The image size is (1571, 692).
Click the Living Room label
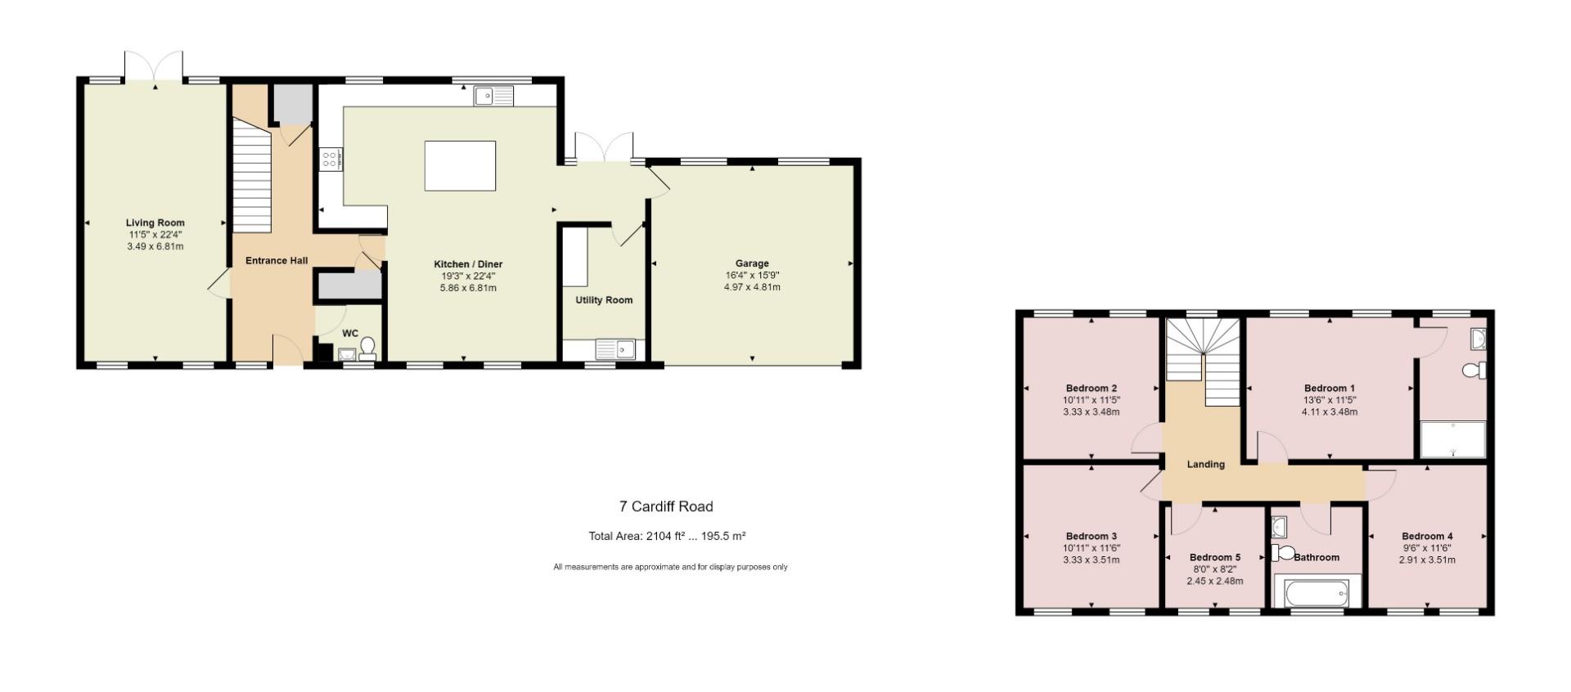[x=155, y=222]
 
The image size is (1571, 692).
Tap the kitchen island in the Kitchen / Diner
[x=460, y=165]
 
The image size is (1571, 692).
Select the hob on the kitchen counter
[x=331, y=159]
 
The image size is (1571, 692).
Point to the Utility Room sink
[x=615, y=350]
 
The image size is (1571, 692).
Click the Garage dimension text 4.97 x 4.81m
[x=751, y=287]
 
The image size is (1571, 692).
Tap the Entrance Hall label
[x=277, y=260]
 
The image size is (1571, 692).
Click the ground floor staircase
[x=252, y=176]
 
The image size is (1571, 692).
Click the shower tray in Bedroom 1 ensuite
[x=1452, y=439]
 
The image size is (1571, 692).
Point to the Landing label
[x=1205, y=464]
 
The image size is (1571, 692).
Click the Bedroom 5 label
[x=1214, y=557]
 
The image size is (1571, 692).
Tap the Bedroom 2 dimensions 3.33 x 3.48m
[x=1091, y=412]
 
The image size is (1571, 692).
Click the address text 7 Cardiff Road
[x=665, y=506]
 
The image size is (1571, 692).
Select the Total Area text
[x=666, y=537]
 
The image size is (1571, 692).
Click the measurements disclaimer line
[x=669, y=567]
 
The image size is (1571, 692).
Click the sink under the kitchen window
[x=493, y=97]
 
